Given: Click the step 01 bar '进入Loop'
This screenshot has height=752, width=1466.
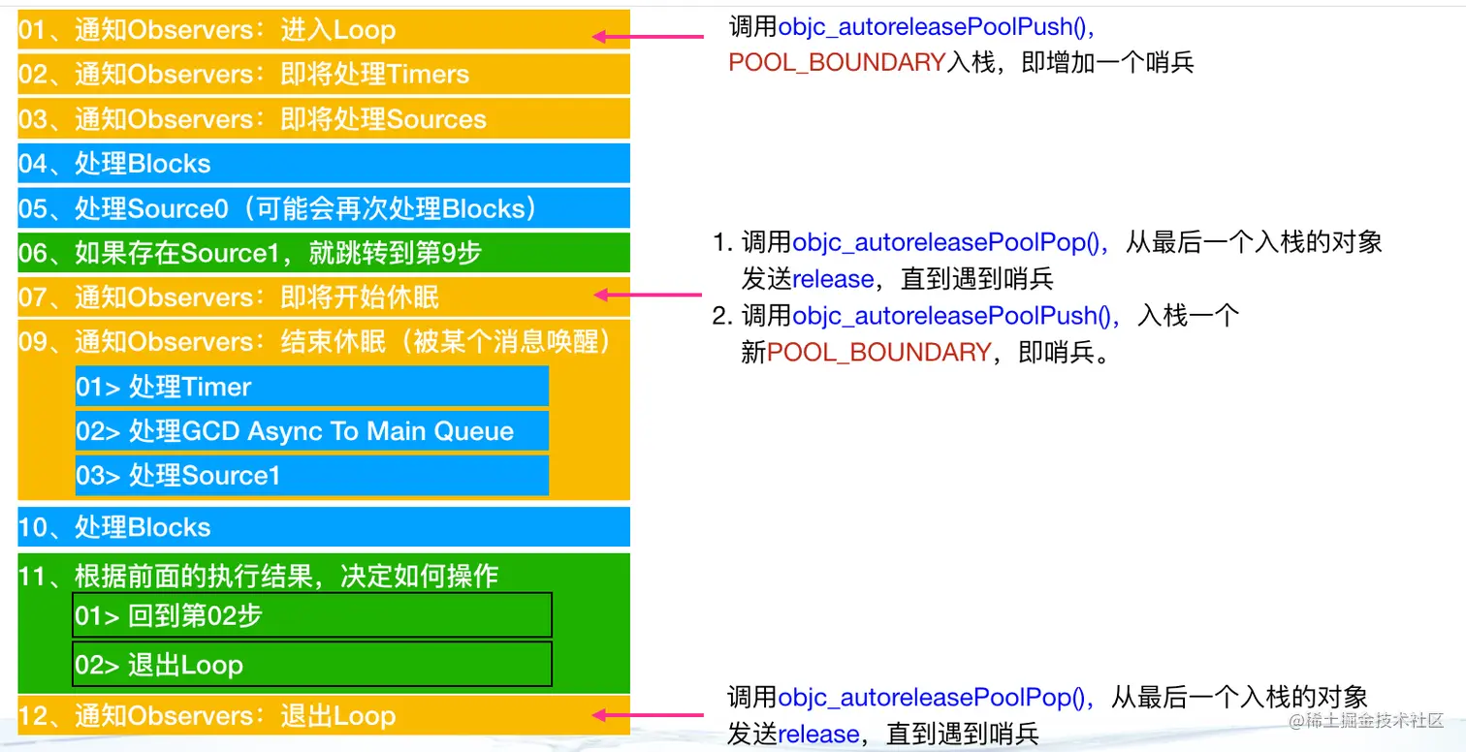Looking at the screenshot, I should tap(324, 30).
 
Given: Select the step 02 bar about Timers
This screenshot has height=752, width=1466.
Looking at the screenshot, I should tap(324, 75).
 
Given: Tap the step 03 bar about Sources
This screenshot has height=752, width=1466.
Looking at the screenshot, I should tap(324, 119).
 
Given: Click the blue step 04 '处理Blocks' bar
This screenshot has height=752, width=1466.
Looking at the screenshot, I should tap(324, 164).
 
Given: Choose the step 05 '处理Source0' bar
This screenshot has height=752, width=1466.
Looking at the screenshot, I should tap(324, 208).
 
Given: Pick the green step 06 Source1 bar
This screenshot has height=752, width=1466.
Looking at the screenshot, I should tap(324, 253).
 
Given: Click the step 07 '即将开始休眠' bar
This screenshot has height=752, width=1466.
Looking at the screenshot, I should tap(324, 298).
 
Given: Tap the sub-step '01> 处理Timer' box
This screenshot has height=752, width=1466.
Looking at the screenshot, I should tap(311, 387).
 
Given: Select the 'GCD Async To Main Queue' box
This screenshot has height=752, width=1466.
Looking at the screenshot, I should tap(311, 431).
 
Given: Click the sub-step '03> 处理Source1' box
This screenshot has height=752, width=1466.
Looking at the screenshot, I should tap(311, 476).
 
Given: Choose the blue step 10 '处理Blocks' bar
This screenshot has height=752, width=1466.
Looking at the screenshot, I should tap(324, 527).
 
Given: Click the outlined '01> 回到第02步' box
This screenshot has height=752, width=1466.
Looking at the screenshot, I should tap(311, 615).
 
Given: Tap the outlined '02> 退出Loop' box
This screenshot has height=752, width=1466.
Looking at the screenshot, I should tap(311, 665).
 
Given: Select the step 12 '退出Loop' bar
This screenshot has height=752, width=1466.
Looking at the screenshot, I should tap(324, 716).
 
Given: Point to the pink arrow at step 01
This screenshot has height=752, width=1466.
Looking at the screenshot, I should tap(648, 37).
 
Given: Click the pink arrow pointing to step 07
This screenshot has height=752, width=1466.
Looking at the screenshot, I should tap(648, 294).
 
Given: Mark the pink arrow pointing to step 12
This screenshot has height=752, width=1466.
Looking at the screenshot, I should tap(648, 716).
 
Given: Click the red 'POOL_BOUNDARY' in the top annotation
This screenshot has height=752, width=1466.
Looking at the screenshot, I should tap(836, 63).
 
